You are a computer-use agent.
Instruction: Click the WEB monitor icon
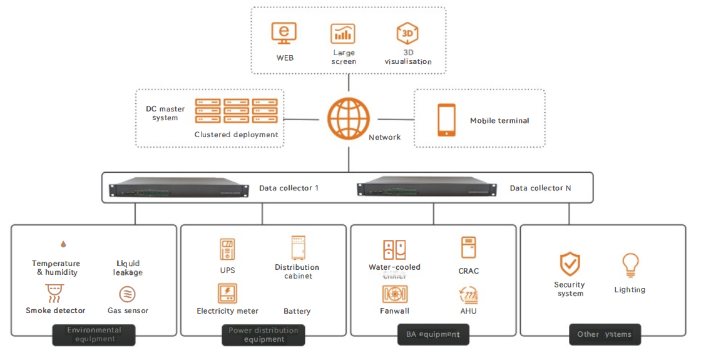pos(284,33)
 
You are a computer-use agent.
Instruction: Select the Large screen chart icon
pos(343,34)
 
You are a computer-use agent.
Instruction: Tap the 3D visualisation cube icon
pos(407,34)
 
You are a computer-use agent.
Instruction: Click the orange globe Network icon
pos(349,118)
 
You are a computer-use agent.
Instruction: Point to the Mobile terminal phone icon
pos(446,120)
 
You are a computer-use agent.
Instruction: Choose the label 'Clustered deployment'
pos(236,135)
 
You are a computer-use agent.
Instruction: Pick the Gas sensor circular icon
pos(127,294)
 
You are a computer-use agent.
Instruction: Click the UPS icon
pos(227,249)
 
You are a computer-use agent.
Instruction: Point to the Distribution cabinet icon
pos(297,248)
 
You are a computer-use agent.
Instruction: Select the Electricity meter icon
pos(227,294)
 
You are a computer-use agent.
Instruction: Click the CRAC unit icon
pos(468,248)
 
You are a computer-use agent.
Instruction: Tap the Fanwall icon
pos(395,294)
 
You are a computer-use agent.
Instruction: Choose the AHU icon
pos(468,294)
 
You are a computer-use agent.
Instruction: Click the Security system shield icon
pos(570,264)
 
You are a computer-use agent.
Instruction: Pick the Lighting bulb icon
pos(630,265)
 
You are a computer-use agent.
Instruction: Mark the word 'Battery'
pos(297,311)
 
